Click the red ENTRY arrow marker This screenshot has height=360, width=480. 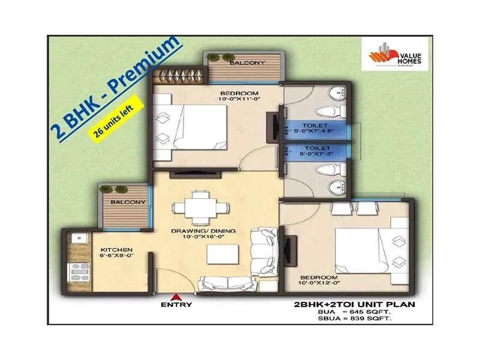[176, 296]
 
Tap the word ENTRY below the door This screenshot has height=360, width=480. [176, 305]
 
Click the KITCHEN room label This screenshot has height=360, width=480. [116, 250]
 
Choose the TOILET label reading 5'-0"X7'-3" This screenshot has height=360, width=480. [315, 151]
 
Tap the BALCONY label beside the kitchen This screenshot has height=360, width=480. [127, 202]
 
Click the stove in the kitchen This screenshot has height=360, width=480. [78, 272]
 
